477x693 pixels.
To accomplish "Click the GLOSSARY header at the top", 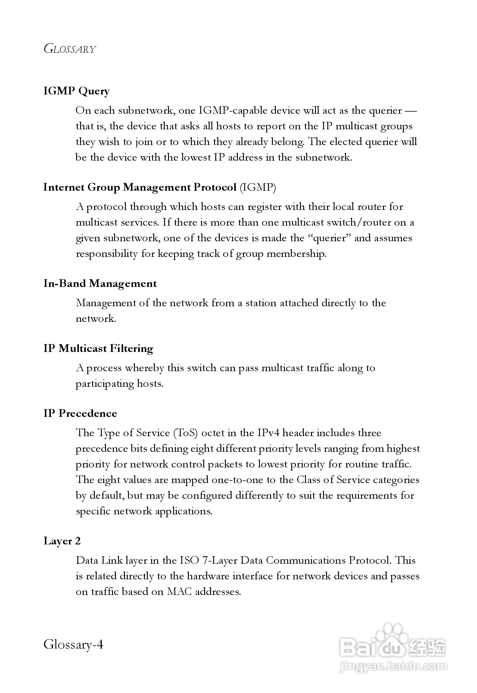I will [x=70, y=49].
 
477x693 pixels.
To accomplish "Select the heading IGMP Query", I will [x=76, y=91].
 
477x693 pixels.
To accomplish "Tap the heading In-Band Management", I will [x=100, y=284].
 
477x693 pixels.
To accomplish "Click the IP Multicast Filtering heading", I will [x=98, y=349].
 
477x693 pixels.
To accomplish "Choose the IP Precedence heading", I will [x=80, y=414].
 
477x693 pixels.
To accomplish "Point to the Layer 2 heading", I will [x=62, y=541].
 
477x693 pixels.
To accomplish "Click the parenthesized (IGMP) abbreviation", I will [x=258, y=187].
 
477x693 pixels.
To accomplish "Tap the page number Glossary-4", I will [x=73, y=645].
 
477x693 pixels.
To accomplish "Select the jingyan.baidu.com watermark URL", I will [x=393, y=667].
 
